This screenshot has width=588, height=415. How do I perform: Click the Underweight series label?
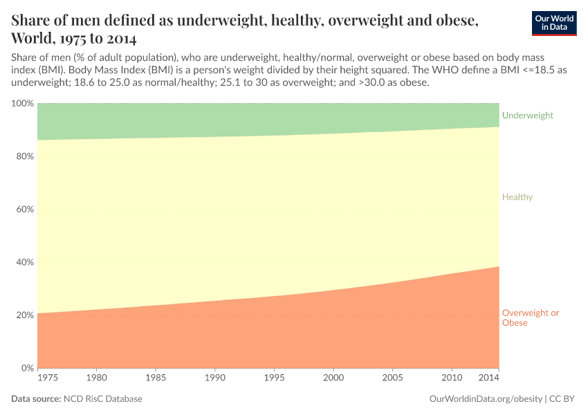click(x=527, y=116)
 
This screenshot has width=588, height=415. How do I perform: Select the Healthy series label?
click(x=517, y=197)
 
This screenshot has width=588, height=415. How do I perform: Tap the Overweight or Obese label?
click(x=530, y=317)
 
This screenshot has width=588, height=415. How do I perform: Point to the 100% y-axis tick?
click(x=22, y=104)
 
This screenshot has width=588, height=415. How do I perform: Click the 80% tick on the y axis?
click(x=24, y=156)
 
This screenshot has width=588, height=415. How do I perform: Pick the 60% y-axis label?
click(x=24, y=210)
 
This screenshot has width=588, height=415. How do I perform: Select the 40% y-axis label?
click(x=24, y=262)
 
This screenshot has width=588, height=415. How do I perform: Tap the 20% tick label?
click(x=24, y=315)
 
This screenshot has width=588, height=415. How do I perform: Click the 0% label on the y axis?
click(x=27, y=368)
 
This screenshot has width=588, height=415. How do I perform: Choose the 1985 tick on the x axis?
click(x=156, y=378)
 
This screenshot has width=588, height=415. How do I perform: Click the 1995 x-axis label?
click(x=274, y=378)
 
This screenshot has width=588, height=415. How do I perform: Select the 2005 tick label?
click(x=392, y=378)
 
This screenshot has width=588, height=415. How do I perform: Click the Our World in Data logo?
click(x=553, y=23)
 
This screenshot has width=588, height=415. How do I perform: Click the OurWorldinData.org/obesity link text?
click(x=486, y=399)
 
